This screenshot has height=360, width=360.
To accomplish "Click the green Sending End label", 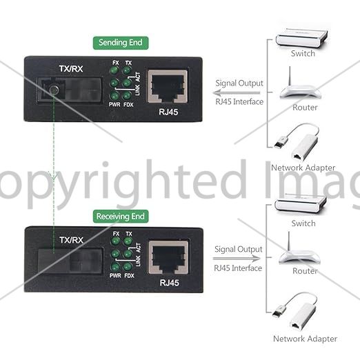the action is tap(121, 43).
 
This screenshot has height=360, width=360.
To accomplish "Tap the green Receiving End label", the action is tap(121, 217).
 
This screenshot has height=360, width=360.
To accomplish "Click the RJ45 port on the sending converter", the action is tap(168, 86).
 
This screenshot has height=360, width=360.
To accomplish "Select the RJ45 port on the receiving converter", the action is tap(168, 257).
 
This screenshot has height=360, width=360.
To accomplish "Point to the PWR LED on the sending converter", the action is tap(114, 95).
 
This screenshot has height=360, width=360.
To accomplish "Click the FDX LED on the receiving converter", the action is tap(128, 267).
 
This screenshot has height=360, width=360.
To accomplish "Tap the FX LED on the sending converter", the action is tap(114, 70).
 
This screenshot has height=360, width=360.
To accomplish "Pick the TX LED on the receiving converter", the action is tap(128, 241).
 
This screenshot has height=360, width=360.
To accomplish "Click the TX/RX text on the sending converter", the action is tap(71, 69).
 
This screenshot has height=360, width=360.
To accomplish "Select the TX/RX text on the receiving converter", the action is tap(72, 240).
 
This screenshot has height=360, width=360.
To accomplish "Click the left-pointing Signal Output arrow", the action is tap(237, 93).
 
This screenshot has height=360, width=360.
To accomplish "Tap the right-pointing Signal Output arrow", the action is tap(237, 259).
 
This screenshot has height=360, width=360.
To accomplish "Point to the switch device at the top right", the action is tap(302, 38).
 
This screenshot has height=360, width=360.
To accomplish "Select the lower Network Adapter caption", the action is tap(305, 339).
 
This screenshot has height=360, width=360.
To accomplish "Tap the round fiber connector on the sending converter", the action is tap(54, 90).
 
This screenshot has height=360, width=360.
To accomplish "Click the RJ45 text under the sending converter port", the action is tap(168, 112).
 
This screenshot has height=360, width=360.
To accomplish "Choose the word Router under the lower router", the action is tap(305, 271).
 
